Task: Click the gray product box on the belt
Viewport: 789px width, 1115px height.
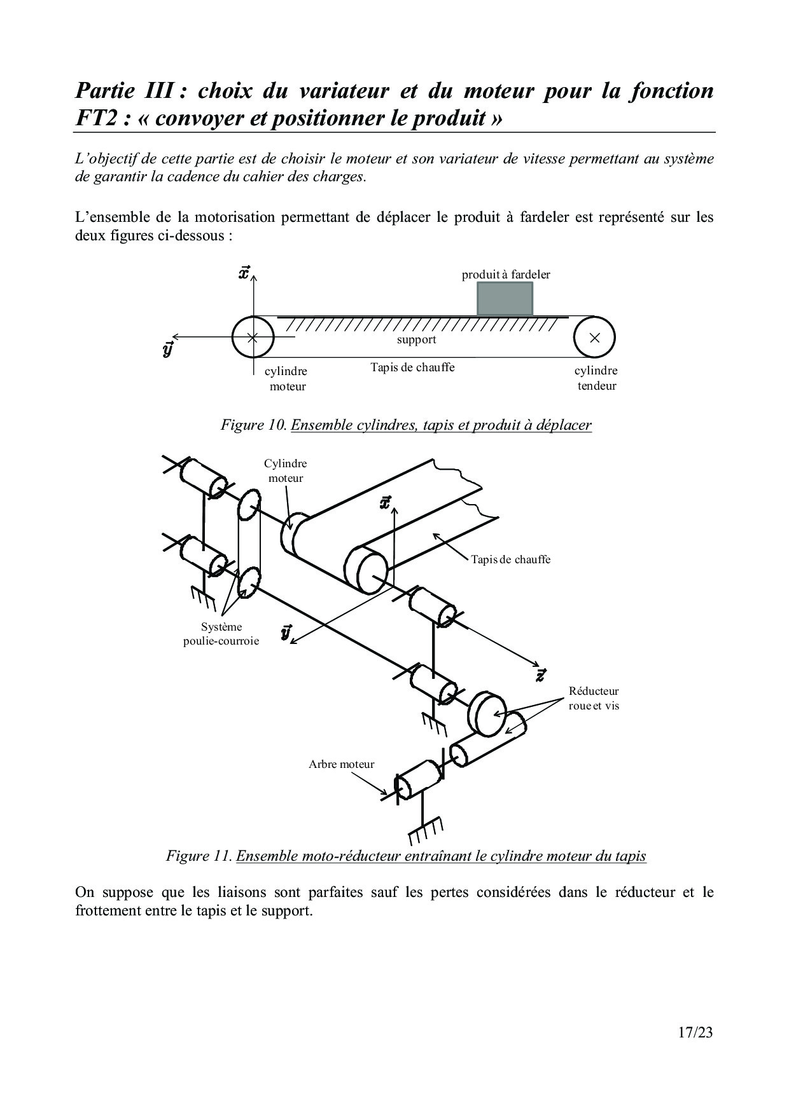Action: [505, 298]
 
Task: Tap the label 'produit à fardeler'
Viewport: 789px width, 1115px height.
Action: [506, 275]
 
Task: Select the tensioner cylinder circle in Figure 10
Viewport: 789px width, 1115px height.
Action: [594, 338]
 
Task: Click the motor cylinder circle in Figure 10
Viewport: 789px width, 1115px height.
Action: [253, 338]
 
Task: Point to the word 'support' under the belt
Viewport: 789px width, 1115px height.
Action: [416, 339]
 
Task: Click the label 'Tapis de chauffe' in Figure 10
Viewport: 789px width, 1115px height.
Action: [412, 367]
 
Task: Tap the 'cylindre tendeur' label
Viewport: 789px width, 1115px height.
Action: [596, 378]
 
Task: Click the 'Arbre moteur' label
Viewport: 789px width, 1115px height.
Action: [342, 764]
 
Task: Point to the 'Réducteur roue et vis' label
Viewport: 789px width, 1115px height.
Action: [594, 698]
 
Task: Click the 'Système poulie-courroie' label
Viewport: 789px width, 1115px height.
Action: [221, 634]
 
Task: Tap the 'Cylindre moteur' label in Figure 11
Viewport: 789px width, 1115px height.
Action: [285, 470]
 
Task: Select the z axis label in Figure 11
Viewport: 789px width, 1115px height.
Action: [540, 675]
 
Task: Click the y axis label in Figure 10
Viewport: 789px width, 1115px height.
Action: [168, 349]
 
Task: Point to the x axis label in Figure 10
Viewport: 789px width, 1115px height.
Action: [244, 273]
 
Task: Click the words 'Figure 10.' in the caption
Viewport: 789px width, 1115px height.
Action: [253, 425]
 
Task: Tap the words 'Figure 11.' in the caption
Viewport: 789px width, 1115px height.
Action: [199, 856]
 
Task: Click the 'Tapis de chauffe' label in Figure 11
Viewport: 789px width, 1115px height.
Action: [510, 559]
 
